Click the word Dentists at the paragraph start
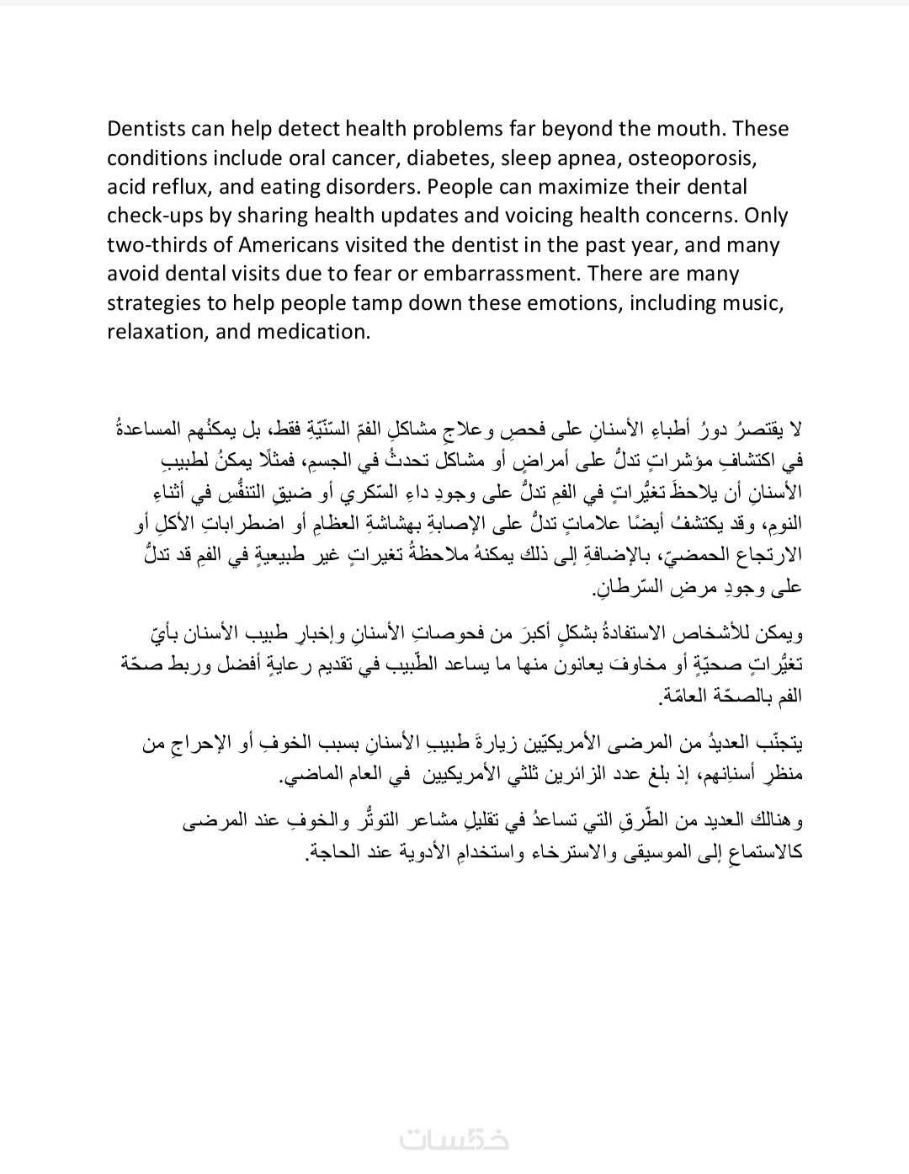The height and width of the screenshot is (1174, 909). [x=144, y=129]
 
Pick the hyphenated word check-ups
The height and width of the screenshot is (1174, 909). [x=155, y=216]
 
